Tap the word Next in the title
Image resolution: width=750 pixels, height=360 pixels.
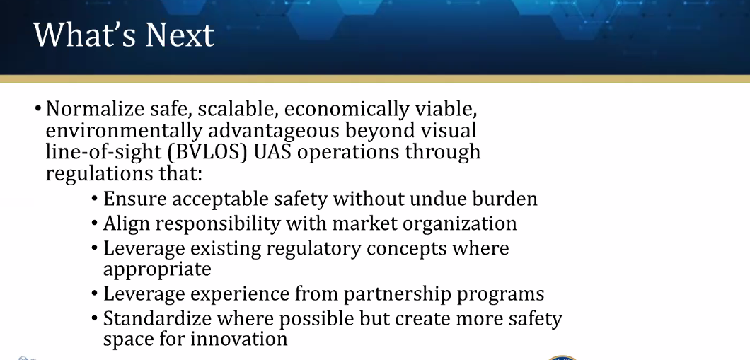click(180, 35)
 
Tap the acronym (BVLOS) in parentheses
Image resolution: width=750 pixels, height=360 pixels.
click(207, 152)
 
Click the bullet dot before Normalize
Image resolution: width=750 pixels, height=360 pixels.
click(37, 108)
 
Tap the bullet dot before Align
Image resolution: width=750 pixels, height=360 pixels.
click(95, 223)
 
